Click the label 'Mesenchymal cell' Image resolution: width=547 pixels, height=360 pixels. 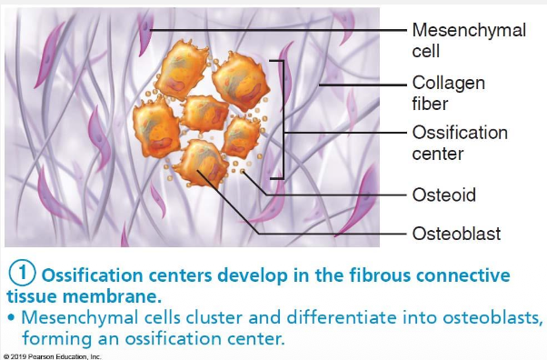click(x=469, y=41)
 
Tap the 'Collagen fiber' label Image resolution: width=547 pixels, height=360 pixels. click(x=449, y=93)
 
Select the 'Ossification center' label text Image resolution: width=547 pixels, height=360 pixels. click(x=459, y=143)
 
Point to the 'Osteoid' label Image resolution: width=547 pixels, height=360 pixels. click(x=443, y=195)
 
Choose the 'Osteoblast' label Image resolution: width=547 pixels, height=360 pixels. click(x=456, y=234)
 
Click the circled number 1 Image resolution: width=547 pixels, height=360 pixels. click(x=23, y=275)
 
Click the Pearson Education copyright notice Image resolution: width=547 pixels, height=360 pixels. click(x=52, y=356)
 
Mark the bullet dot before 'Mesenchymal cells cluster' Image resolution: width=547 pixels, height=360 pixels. click(x=10, y=318)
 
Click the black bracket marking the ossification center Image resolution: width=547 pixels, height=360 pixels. click(x=284, y=118)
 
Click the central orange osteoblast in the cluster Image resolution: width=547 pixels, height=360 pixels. click(x=205, y=112)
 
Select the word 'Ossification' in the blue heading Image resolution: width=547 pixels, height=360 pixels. click(x=90, y=275)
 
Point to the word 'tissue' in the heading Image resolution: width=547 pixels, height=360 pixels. click(x=31, y=295)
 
